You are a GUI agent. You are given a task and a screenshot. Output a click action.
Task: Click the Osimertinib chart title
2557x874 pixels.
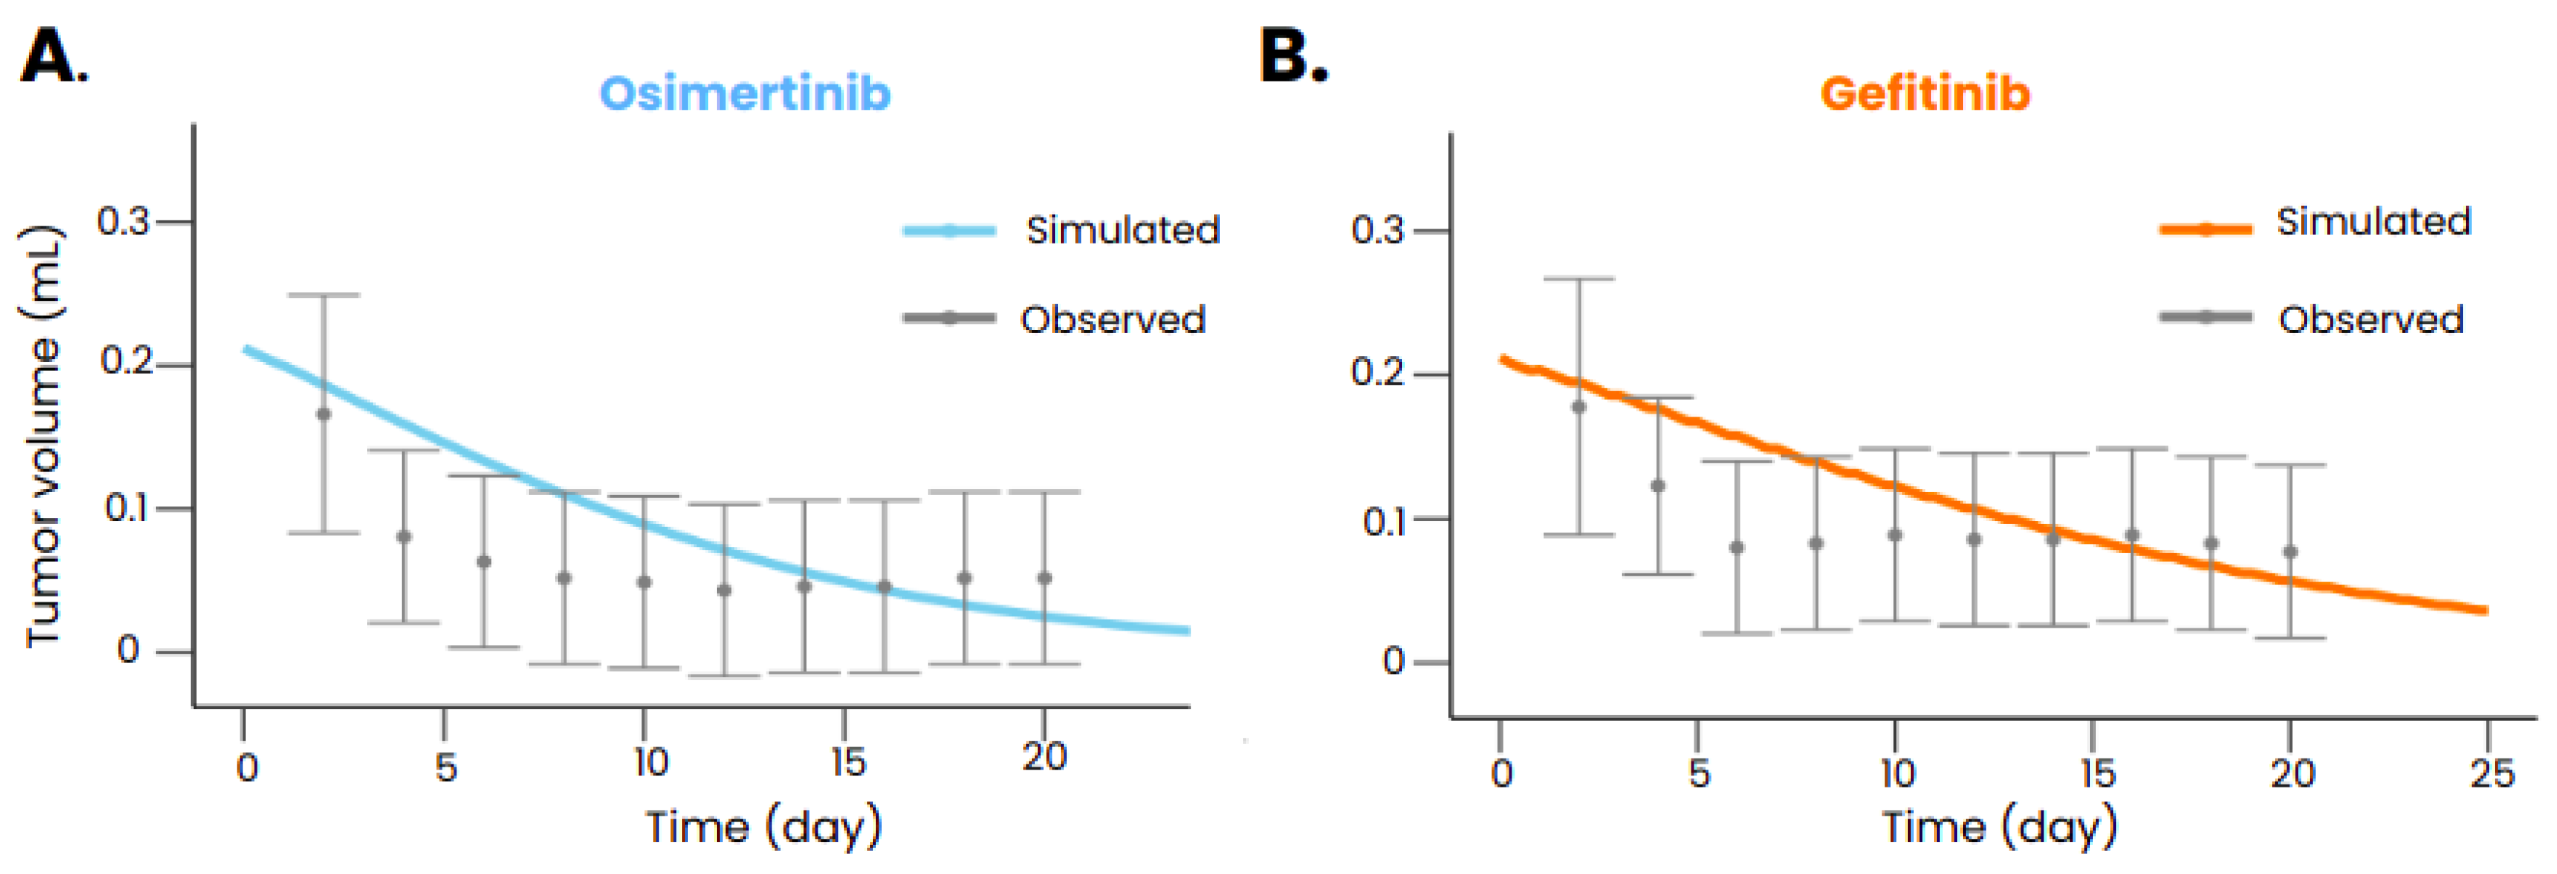pyautogui.click(x=744, y=94)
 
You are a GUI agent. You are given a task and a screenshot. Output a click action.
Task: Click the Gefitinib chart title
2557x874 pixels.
pyautogui.click(x=1924, y=94)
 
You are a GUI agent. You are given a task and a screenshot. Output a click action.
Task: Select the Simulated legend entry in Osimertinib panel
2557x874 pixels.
pyautogui.click(x=1122, y=230)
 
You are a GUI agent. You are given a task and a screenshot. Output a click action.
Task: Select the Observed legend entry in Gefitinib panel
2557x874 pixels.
pyautogui.click(x=2371, y=319)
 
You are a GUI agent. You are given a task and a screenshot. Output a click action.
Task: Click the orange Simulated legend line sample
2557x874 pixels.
pyautogui.click(x=2205, y=229)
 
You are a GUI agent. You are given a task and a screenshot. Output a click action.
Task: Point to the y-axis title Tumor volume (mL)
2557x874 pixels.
pyautogui.click(x=41, y=437)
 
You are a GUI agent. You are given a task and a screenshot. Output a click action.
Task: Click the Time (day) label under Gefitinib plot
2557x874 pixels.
pyautogui.click(x=1999, y=827)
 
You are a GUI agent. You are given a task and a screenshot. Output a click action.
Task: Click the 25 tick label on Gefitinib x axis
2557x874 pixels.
pyautogui.click(x=2491, y=773)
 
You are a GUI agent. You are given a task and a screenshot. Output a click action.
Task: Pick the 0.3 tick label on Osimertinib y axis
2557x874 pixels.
pyautogui.click(x=123, y=221)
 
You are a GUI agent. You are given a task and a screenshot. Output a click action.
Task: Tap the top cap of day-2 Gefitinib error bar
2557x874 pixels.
pyautogui.click(x=1578, y=279)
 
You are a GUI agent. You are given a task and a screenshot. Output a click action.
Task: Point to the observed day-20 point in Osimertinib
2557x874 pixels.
pyautogui.click(x=1044, y=578)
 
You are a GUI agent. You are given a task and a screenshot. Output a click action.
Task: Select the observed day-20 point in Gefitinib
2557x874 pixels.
pyautogui.click(x=2290, y=552)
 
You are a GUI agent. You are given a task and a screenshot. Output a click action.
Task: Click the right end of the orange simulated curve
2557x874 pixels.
pyautogui.click(x=2484, y=611)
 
